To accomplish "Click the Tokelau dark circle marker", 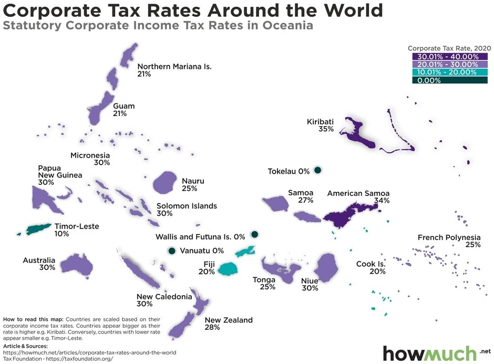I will click(317, 170).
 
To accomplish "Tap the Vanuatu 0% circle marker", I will click(171, 251).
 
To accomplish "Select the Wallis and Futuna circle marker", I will click(254, 234).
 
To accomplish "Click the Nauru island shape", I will click(165, 182).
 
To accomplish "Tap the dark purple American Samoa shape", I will click(346, 214).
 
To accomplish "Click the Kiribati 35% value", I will click(326, 129).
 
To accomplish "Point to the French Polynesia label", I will click(449, 237).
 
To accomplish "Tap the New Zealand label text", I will click(229, 320).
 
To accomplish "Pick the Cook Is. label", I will click(370, 264).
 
